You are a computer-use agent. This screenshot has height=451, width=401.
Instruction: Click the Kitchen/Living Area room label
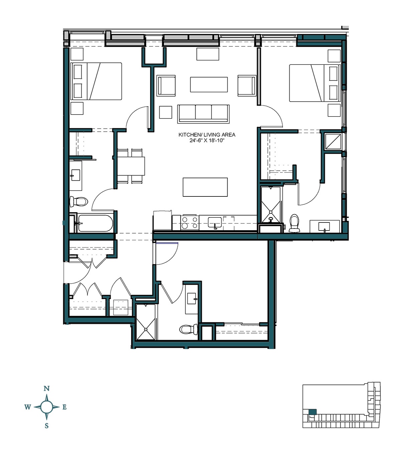coord(207,135)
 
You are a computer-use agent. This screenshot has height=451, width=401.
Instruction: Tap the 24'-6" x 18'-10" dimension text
coord(207,141)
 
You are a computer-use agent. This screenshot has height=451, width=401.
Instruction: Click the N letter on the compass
coord(46,389)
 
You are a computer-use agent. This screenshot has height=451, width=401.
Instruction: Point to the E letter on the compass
coord(64,407)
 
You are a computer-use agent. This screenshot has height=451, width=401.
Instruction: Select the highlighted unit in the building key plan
coord(312,412)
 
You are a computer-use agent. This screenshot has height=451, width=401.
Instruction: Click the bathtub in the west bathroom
coord(95,223)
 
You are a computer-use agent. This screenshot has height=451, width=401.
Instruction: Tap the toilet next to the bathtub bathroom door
coord(79,202)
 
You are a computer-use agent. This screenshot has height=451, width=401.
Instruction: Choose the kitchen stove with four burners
coord(189,223)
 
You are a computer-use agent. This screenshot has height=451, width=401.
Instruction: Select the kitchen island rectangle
coord(205,187)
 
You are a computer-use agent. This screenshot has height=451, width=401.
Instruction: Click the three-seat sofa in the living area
coord(203,113)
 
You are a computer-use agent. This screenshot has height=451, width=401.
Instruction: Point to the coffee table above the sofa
coord(209,85)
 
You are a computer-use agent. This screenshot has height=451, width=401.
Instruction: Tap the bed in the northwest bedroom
coord(96,81)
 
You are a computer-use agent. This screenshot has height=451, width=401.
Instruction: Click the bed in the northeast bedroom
coord(314,83)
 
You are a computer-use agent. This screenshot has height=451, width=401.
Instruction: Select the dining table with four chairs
coord(130,166)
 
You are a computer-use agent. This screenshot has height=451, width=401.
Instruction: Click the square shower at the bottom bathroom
coord(146,322)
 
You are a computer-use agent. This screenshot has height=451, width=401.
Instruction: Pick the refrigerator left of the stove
coord(162,220)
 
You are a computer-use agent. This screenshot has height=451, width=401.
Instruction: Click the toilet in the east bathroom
coord(294,223)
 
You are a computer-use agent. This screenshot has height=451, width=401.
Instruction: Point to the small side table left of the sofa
coord(165,112)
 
